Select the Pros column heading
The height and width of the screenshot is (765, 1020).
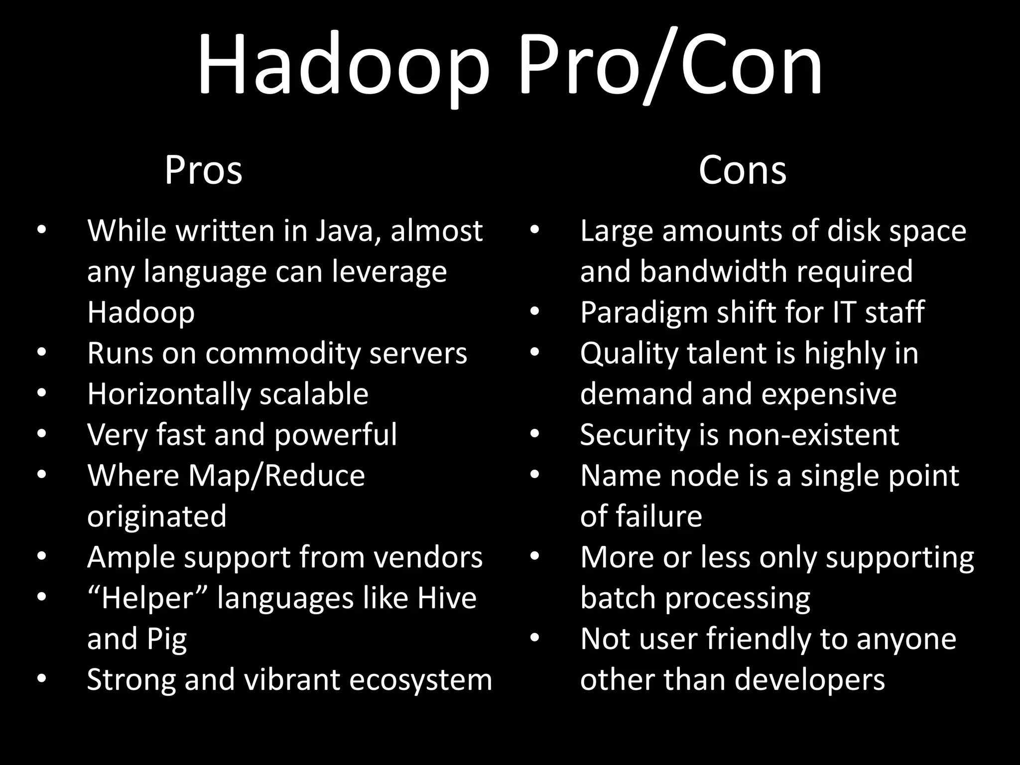click(x=203, y=170)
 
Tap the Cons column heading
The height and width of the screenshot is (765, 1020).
click(x=742, y=170)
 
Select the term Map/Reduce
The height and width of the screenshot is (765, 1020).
click(x=276, y=476)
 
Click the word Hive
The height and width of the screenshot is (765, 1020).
click(x=447, y=598)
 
